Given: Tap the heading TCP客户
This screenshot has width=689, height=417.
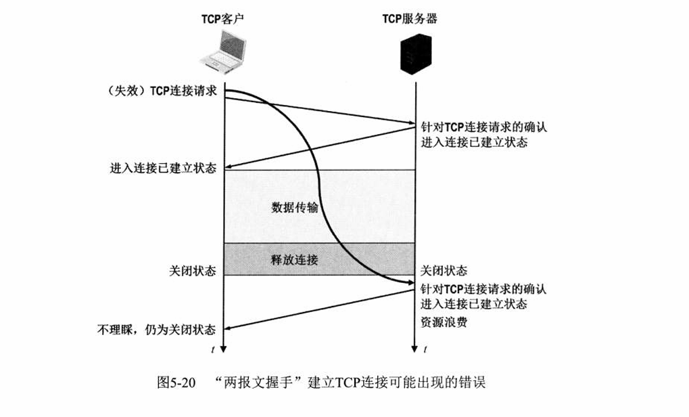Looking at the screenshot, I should coord(222,19).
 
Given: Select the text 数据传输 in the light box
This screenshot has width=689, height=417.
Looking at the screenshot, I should coord(293,206).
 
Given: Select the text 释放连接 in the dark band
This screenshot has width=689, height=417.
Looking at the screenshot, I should coord(293,259).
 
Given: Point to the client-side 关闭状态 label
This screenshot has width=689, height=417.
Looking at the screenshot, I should coord(192,271).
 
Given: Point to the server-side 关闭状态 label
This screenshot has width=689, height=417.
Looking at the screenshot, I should coord(443,271).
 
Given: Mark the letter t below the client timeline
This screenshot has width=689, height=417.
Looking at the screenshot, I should coord(214,351).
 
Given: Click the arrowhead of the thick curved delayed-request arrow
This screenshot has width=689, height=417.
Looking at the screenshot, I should coord(410,281).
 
